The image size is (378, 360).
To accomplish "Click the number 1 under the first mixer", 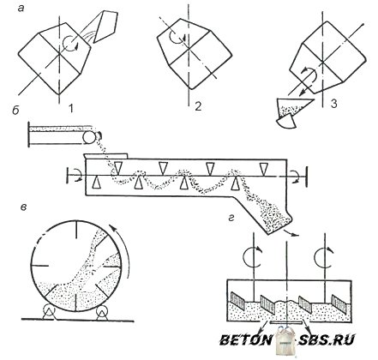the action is click(71, 108).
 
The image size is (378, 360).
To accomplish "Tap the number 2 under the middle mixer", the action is click(198, 106).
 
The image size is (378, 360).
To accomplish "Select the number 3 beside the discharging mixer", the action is click(333, 104).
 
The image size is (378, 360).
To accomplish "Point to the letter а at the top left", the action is click(21, 9).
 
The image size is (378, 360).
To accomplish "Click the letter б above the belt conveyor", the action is click(15, 111).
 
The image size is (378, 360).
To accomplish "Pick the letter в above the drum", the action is click(24, 207).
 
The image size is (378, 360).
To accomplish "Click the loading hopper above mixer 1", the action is click(105, 27).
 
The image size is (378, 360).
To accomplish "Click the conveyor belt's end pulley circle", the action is click(88, 138).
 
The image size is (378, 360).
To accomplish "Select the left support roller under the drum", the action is click(49, 311).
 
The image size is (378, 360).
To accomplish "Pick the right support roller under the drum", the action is click(101, 311).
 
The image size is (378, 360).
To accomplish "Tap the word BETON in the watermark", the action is click(246, 340).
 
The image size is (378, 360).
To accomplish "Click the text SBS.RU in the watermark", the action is click(327, 340).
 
